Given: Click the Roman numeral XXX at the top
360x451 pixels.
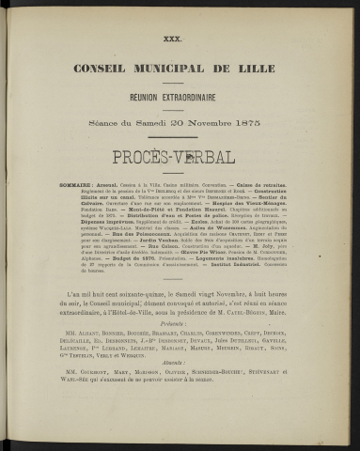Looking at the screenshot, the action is coord(179,38).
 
